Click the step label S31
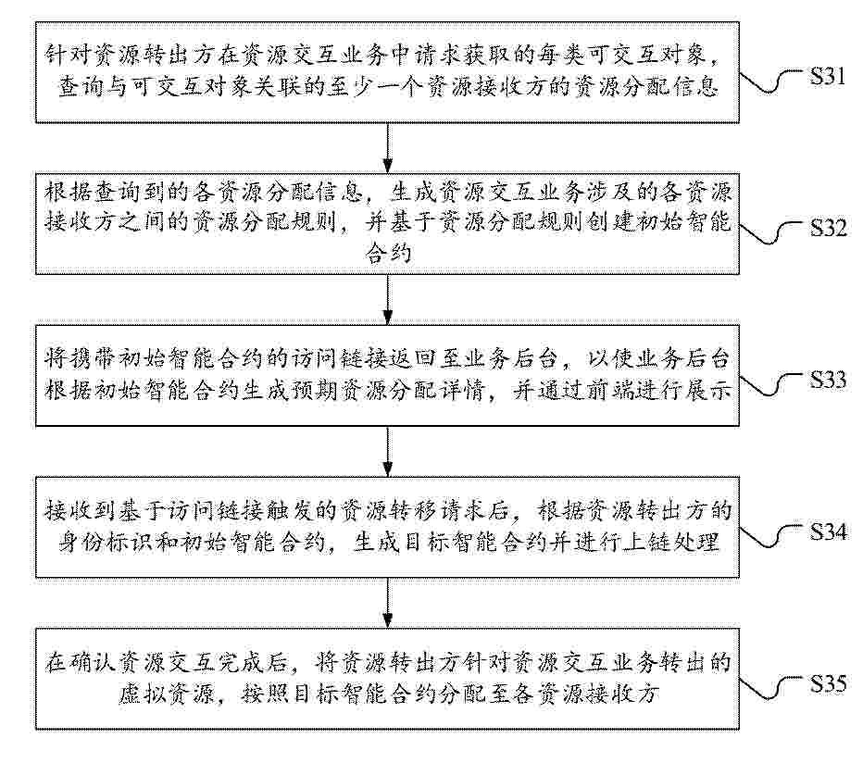827,76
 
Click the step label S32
827,229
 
